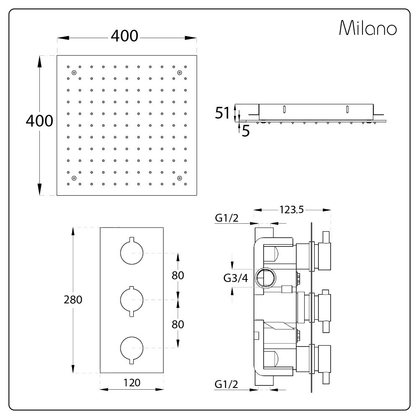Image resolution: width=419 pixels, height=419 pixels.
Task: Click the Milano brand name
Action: pos(368,28)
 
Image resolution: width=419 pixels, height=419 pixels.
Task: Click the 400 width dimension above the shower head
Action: pos(124,36)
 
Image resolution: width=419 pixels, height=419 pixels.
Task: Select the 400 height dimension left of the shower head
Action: pos(39,121)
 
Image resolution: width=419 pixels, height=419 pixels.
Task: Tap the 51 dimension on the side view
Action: pos(222,113)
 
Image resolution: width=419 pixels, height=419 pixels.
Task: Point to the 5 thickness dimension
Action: pos(246,131)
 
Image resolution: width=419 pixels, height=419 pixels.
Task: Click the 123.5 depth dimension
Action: pos(292,210)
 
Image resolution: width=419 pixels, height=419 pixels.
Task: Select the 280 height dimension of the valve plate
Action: pos(73,300)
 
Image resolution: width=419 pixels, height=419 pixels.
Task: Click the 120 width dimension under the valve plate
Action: pos(132,383)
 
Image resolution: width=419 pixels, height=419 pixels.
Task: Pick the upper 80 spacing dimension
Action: pos(178,275)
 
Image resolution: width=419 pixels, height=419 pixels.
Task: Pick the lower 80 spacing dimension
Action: pos(178,324)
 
